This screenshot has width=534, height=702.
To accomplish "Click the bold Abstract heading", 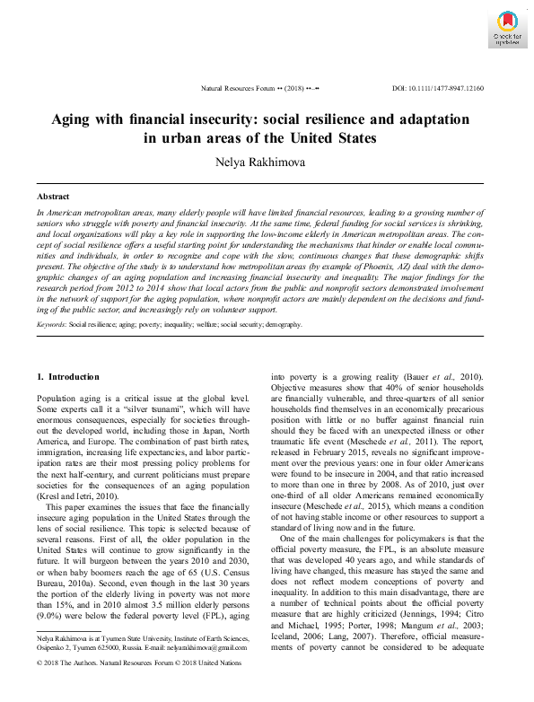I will pos(53,196).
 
